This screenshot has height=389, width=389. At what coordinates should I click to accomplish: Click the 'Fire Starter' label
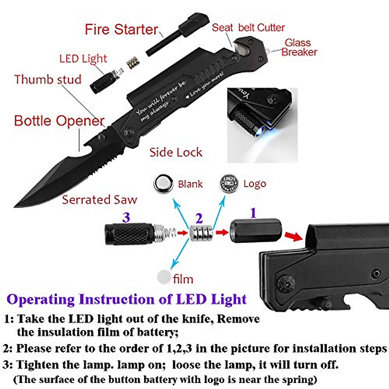tap(121, 29)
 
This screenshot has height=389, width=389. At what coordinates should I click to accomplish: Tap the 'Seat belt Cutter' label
tap(248, 28)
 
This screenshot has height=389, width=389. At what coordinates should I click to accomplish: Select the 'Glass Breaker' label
tap(299, 47)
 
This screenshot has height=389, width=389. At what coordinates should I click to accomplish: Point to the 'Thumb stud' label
tap(48, 79)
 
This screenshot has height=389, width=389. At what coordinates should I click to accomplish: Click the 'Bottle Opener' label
tap(59, 121)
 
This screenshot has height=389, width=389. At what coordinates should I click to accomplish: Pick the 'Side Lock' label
tap(176, 152)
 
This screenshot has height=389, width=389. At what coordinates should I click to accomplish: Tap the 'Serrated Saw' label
tap(100, 200)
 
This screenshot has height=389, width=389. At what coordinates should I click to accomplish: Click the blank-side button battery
tap(163, 184)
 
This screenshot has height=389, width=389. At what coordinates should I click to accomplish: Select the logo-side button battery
tap(229, 183)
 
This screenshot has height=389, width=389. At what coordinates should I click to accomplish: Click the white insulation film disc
tap(164, 277)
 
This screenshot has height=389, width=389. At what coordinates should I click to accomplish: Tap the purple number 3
tap(126, 217)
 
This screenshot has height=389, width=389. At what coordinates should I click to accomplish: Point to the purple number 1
tap(253, 213)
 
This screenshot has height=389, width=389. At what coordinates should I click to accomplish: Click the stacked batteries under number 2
tap(201, 232)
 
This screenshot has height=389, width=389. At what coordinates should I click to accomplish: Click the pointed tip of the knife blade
tap(16, 206)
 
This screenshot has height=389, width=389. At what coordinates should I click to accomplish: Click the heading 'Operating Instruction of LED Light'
tap(126, 299)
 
